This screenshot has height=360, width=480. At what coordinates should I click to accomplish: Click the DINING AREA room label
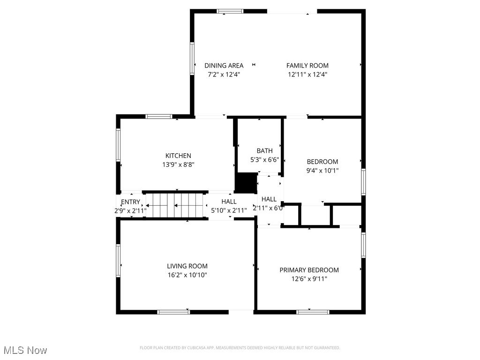click(224, 66)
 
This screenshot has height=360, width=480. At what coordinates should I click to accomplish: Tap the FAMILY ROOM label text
click(307, 66)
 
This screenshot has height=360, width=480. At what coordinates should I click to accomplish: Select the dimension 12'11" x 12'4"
click(307, 74)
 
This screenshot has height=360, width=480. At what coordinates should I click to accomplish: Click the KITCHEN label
click(178, 156)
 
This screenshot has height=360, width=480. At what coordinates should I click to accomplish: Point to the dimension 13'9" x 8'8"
click(178, 165)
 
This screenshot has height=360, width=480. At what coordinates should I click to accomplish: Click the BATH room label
click(264, 151)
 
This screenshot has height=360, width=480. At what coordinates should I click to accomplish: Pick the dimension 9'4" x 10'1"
click(322, 171)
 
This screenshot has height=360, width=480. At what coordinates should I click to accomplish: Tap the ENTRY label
click(130, 202)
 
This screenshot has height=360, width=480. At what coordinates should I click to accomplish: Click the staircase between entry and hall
click(175, 205)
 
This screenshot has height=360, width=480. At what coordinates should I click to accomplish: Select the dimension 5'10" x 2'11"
click(229, 210)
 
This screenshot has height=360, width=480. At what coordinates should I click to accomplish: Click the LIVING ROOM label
click(187, 266)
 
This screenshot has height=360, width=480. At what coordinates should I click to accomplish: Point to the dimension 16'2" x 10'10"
click(187, 275)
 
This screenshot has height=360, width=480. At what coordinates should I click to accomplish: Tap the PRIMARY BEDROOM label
click(309, 270)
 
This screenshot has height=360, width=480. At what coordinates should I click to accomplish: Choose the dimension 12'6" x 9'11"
click(309, 279)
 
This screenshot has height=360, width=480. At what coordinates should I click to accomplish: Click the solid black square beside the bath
click(245, 183)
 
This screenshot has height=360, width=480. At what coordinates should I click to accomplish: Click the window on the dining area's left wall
click(192, 58)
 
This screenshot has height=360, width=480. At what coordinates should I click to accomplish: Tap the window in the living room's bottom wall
click(173, 312)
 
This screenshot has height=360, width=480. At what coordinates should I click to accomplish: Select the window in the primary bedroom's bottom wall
click(313, 312)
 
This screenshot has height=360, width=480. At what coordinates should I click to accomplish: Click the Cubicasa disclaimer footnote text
click(240, 348)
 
